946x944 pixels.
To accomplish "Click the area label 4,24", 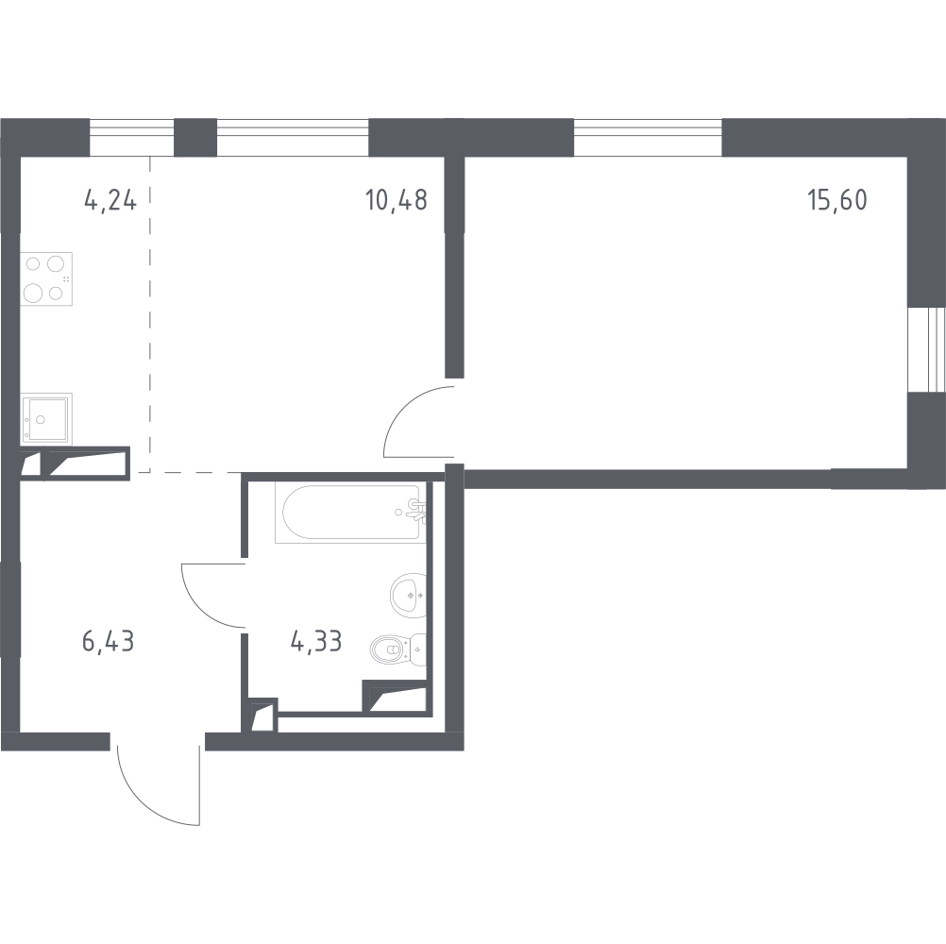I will pyautogui.click(x=110, y=200).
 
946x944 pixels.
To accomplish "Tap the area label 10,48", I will pyautogui.click(x=396, y=200).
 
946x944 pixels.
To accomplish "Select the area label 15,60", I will pyautogui.click(x=836, y=200).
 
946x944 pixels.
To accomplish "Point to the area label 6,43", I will pyautogui.click(x=109, y=643).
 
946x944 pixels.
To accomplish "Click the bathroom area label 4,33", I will pyautogui.click(x=316, y=643).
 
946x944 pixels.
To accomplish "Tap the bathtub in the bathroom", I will pyautogui.click(x=349, y=512).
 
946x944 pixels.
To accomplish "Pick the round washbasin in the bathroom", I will pyautogui.click(x=408, y=593).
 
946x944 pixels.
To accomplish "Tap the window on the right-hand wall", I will pyautogui.click(x=925, y=348).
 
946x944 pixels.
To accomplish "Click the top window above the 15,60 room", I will pyautogui.click(x=648, y=138).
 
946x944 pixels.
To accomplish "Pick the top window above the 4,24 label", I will pyautogui.click(x=132, y=138).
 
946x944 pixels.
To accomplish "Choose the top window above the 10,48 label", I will pyautogui.click(x=292, y=138).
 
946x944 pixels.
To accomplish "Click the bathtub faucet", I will pyautogui.click(x=415, y=510).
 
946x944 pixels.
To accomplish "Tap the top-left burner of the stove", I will pyautogui.click(x=33, y=264).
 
